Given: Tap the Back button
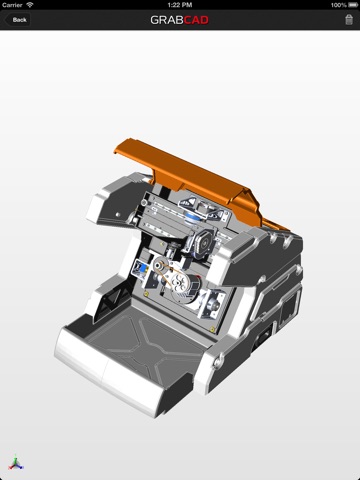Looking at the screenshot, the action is (x=17, y=20).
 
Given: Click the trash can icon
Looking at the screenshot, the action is (x=349, y=19).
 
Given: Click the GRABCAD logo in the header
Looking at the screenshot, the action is (x=179, y=20).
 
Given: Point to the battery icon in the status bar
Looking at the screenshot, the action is (x=353, y=5).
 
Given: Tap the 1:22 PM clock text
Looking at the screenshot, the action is (x=180, y=5).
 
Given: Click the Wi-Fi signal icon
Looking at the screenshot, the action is (x=30, y=5).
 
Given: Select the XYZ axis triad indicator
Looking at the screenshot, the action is (x=16, y=462).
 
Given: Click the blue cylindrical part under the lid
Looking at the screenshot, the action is (x=194, y=217).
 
